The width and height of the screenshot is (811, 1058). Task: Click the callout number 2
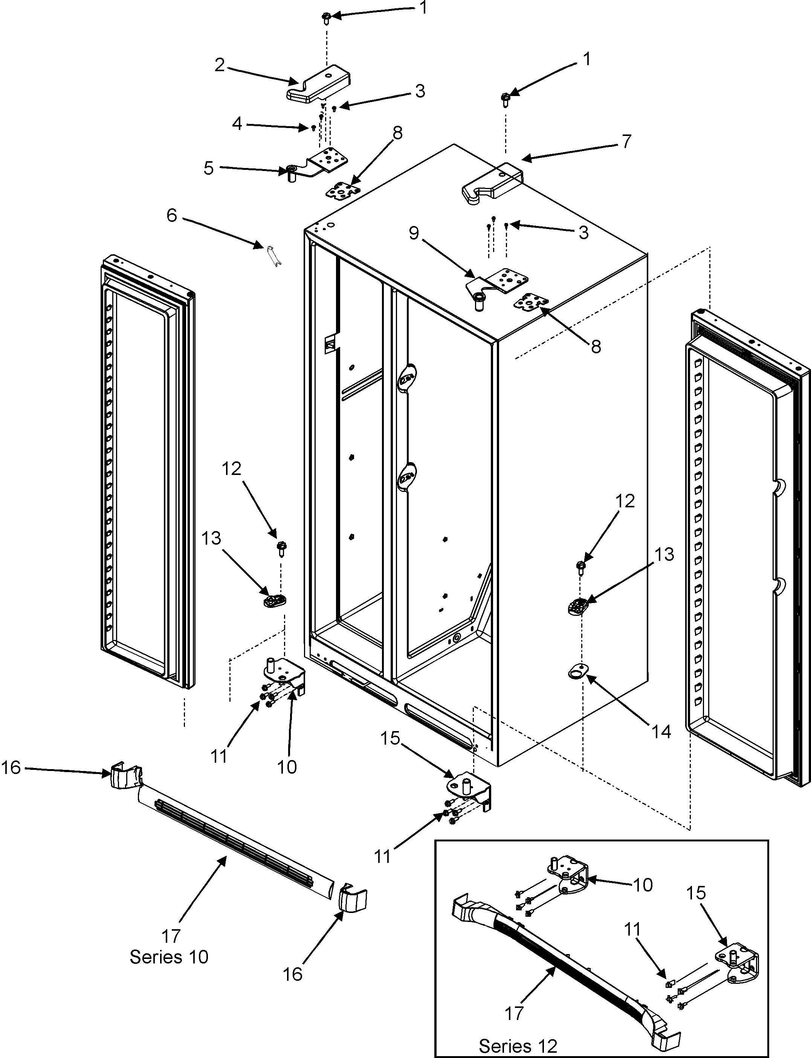220,65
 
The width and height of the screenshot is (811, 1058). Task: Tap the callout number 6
172,215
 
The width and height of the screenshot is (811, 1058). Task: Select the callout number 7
626,141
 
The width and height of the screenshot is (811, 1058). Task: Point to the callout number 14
662,732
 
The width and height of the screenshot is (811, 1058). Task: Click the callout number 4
237,124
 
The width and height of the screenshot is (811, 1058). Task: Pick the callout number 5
209,168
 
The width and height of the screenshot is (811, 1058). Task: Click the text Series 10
169,956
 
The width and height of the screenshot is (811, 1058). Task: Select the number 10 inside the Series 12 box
643,885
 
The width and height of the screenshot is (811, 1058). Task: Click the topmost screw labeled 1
325,18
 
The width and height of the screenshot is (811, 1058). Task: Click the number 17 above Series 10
171,936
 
